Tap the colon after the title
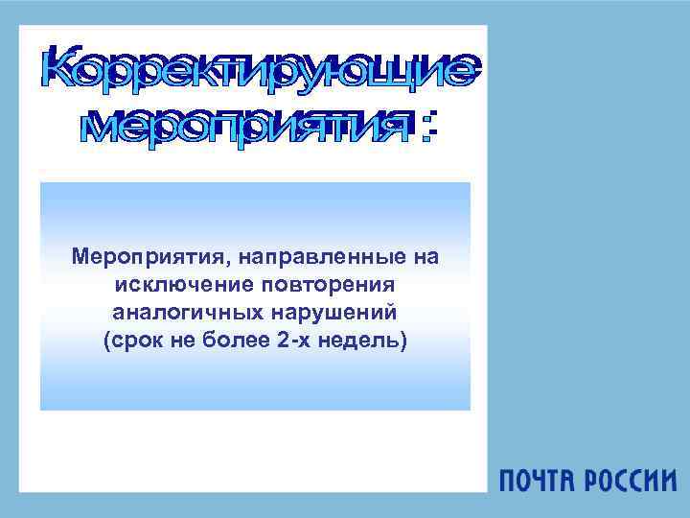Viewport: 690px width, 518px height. [429, 127]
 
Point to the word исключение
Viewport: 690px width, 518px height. [176, 286]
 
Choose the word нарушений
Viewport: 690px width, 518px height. [330, 314]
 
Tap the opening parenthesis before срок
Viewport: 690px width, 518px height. [105, 341]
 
